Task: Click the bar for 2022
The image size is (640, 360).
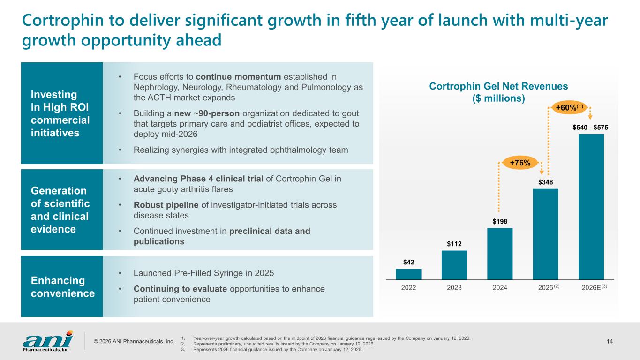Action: coord(408,275)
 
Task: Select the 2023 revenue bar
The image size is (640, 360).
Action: coord(454,266)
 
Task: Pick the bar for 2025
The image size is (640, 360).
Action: coord(545,235)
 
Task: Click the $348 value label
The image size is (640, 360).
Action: coord(545,181)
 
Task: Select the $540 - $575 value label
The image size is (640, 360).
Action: coord(591,127)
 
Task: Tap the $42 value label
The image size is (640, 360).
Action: coord(408,262)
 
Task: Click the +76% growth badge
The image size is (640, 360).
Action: coord(520,163)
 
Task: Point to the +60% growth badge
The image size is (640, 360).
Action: coord(568,107)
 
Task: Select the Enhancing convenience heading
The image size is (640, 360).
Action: coord(62,287)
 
